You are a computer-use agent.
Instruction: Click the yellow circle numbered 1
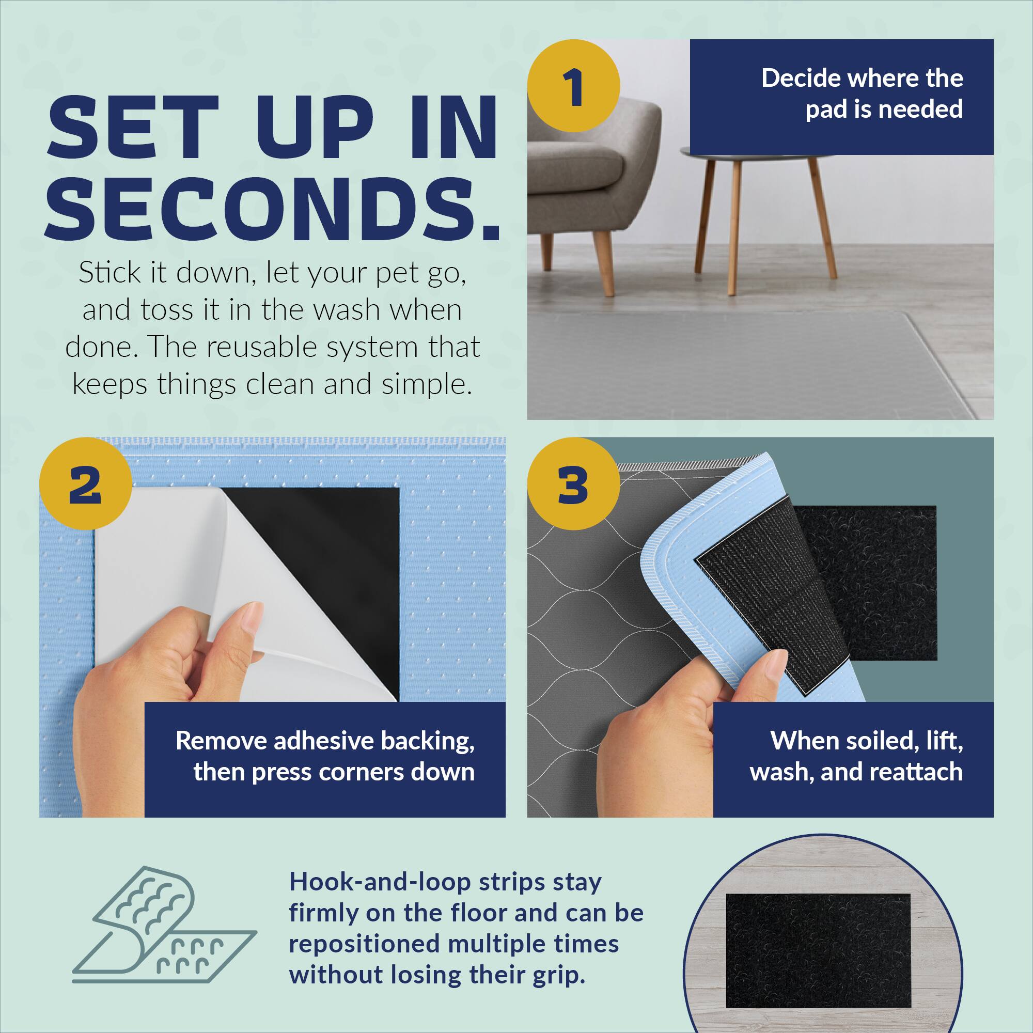[573, 86]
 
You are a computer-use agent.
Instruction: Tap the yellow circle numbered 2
[86, 483]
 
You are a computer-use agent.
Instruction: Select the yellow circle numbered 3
[573, 483]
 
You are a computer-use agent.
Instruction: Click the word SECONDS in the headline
[273, 211]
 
